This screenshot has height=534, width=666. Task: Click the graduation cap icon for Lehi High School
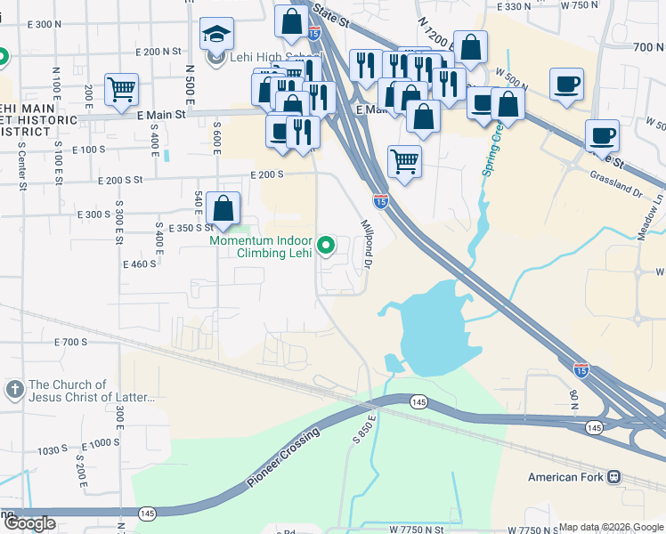(x=215, y=35)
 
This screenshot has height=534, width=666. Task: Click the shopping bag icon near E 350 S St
(x=223, y=209)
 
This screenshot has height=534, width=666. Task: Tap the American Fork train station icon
(x=614, y=477)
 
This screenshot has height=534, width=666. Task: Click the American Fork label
(x=566, y=477)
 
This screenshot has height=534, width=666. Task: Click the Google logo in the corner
(x=29, y=523)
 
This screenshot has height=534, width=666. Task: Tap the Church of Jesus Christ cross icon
(x=13, y=389)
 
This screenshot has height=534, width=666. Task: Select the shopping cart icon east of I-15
(x=404, y=162)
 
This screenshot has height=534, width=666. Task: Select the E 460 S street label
(x=139, y=263)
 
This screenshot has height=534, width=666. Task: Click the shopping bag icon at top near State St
(x=291, y=21)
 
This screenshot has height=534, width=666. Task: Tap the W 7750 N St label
(x=417, y=529)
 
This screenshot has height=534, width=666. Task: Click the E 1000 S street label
(x=100, y=442)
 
